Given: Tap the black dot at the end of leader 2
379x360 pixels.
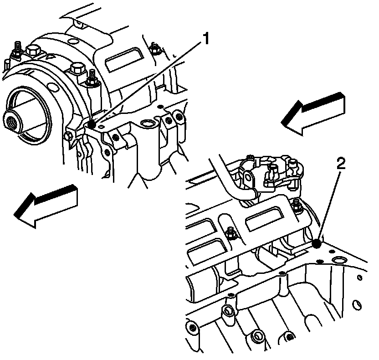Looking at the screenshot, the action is [318, 244].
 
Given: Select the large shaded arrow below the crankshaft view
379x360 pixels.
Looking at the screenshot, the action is [46, 204].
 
